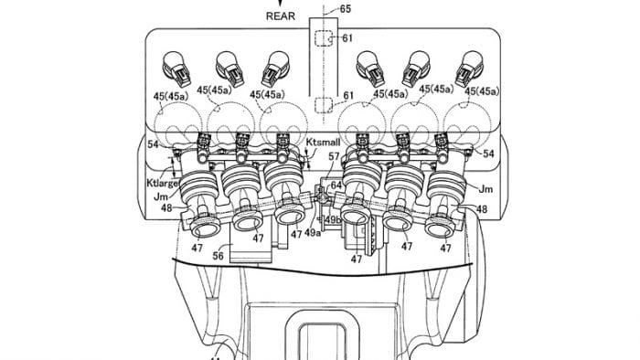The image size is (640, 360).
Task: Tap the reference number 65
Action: [345, 8]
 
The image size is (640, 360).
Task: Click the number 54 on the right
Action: [488, 154]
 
